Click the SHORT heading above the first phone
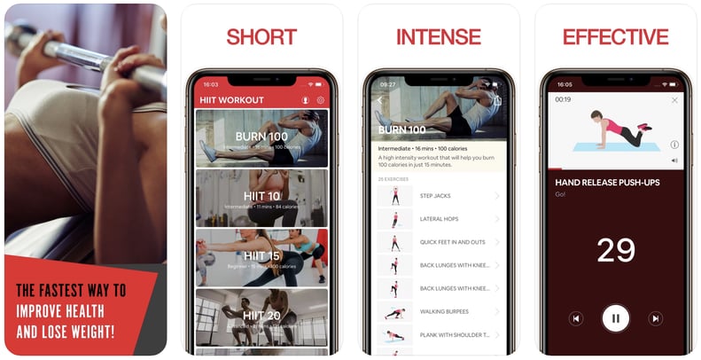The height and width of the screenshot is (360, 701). [x=261, y=36]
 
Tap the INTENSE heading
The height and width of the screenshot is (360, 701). [x=438, y=36]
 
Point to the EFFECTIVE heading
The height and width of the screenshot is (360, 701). [x=615, y=36]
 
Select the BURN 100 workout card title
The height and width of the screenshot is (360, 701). [x=261, y=137]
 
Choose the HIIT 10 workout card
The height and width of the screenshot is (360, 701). [x=261, y=197]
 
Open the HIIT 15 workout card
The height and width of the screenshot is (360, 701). [x=261, y=256]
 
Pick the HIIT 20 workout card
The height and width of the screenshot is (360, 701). [x=261, y=316]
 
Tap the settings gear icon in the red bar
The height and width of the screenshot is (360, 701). [x=321, y=100]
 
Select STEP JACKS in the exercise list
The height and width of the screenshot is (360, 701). [x=437, y=196]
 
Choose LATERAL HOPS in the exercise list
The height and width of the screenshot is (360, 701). [x=439, y=219]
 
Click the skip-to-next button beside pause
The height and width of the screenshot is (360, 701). [x=655, y=317]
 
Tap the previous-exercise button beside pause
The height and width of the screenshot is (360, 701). [x=576, y=317]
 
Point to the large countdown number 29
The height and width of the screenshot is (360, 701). [x=615, y=250]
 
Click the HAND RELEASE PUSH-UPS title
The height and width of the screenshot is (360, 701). [x=607, y=182]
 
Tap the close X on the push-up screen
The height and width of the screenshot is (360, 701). [x=674, y=100]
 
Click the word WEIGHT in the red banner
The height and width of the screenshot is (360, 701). [x=85, y=333]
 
